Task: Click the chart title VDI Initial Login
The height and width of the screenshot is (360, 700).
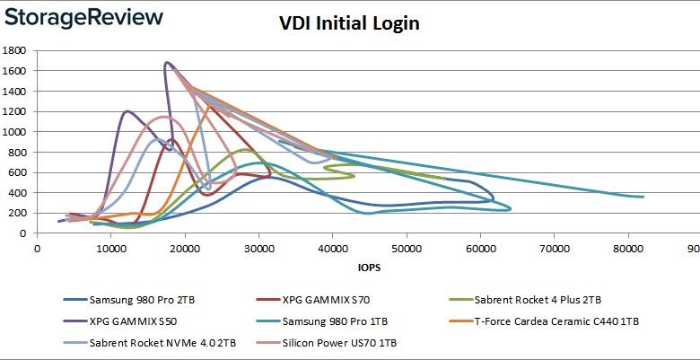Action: (349, 23)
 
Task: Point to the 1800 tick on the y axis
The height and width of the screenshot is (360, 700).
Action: (18, 50)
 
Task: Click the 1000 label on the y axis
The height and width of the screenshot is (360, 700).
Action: (18, 131)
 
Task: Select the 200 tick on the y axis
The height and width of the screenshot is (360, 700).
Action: (22, 213)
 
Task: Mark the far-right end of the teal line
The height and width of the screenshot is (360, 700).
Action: (643, 197)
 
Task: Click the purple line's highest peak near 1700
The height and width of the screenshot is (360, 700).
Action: (167, 63)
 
